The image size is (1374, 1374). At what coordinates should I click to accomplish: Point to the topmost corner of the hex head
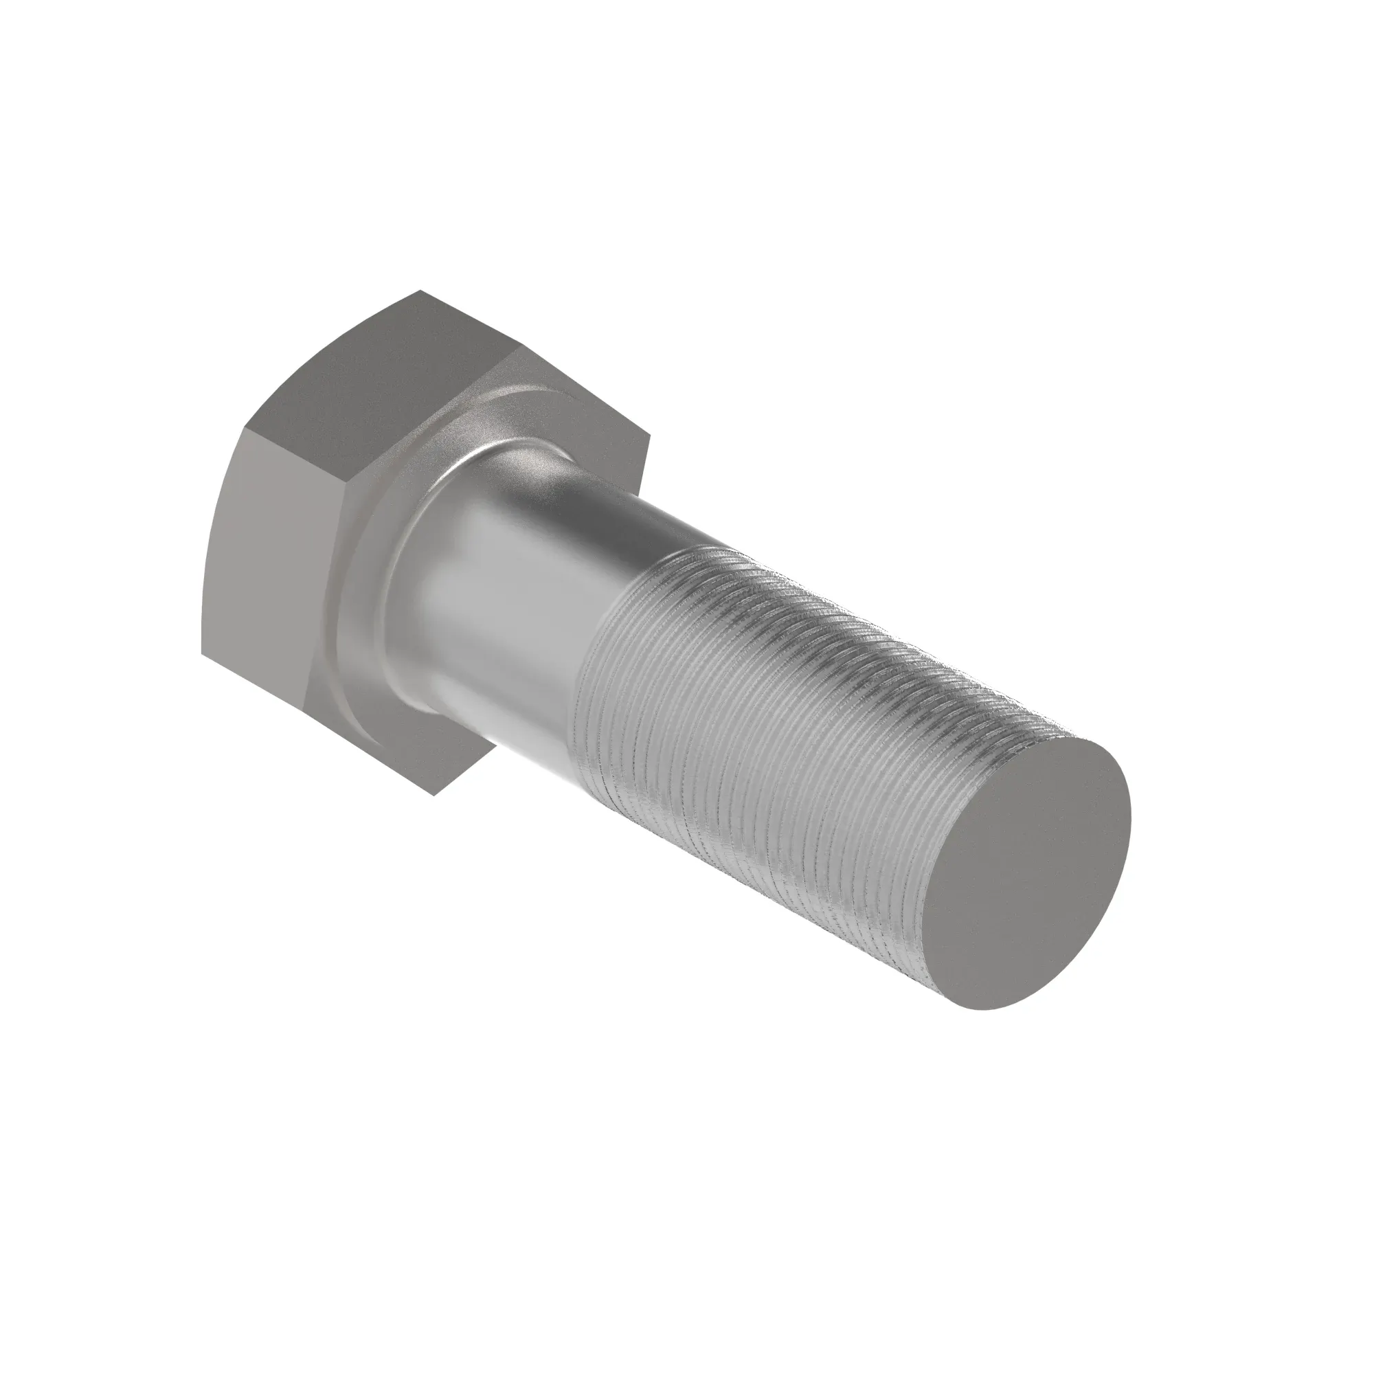[421, 290]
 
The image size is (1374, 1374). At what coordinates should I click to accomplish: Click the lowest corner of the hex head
[433, 795]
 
